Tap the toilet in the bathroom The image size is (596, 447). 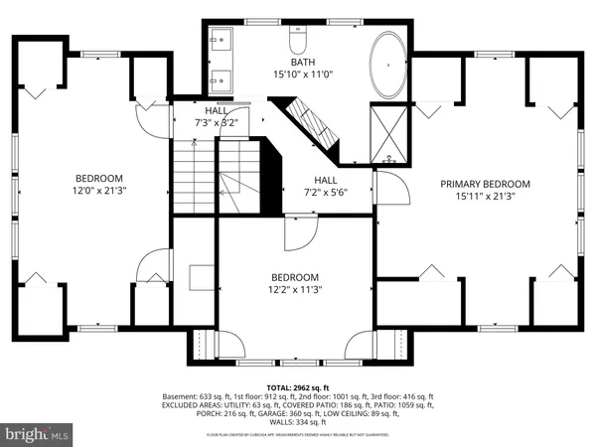(x=298, y=43)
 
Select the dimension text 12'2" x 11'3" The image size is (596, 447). (x=295, y=290)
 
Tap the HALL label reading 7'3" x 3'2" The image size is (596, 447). (x=216, y=123)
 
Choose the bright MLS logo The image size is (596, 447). (x=37, y=433)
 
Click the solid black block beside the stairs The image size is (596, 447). (x=270, y=179)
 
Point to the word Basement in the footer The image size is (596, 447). (x=183, y=395)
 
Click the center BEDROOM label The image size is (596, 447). (x=295, y=277)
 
